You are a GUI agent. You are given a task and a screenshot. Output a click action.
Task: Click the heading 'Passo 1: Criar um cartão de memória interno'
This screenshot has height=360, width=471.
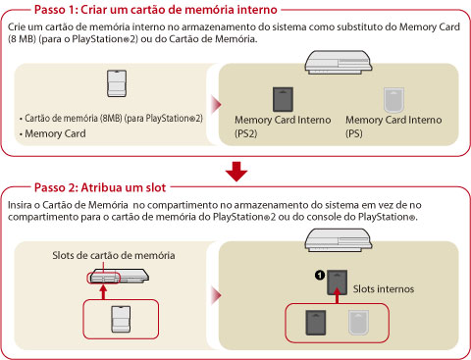tap(156, 10)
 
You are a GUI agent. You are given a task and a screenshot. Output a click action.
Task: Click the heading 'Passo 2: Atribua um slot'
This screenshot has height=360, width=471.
tap(100, 187)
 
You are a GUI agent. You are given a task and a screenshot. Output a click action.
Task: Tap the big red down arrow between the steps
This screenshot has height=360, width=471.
tap(236, 172)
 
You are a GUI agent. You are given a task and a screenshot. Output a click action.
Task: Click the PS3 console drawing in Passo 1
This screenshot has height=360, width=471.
tap(339, 62)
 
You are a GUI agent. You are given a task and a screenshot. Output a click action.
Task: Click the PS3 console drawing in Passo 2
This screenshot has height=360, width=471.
tap(339, 240)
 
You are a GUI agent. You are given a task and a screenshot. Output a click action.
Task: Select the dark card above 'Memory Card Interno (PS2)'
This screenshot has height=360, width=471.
tap(283, 99)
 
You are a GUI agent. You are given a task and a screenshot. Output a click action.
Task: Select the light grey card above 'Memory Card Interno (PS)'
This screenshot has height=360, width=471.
tap(393, 100)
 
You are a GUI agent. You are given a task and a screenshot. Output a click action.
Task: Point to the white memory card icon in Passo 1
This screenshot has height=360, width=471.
tap(117, 83)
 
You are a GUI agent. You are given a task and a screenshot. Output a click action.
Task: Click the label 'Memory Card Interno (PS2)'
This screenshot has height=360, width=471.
tap(283, 127)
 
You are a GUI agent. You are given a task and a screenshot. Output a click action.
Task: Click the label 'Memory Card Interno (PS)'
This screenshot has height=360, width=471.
tap(393, 127)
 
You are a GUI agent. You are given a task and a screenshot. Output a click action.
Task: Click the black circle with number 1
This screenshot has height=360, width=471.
tap(320, 276)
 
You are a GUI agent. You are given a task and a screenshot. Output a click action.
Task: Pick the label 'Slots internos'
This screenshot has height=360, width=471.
tap(384, 289)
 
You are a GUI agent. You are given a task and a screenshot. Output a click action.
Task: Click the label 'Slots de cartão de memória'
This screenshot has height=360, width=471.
tap(114, 255)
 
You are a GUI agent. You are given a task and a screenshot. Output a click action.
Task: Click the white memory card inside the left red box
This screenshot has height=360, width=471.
tap(121, 320)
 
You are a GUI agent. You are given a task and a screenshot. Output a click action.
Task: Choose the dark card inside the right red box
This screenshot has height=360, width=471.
tap(316, 323)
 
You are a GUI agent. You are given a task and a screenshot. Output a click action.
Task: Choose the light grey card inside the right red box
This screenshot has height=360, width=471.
tap(358, 323)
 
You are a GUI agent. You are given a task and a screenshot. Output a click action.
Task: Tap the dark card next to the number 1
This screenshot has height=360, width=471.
tap(338, 283)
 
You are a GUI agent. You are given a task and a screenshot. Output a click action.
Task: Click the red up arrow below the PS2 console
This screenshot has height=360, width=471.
tap(103, 292)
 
